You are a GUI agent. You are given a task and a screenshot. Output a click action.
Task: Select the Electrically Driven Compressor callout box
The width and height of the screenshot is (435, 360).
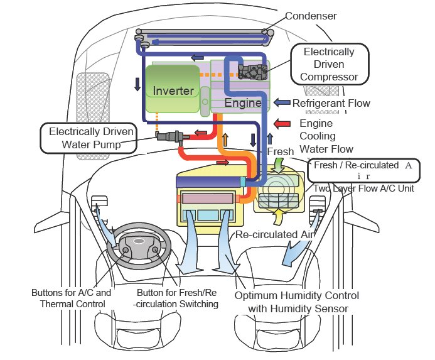click(x=329, y=64)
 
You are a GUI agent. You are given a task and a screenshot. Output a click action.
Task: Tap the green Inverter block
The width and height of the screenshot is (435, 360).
click(x=173, y=90)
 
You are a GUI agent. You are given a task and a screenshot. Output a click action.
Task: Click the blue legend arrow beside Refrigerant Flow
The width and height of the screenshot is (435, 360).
click(x=282, y=102)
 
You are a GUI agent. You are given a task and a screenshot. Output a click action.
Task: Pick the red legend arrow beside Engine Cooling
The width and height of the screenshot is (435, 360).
click(x=283, y=124)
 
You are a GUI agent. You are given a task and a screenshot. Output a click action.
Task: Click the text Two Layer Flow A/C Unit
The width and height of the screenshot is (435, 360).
click(x=363, y=188)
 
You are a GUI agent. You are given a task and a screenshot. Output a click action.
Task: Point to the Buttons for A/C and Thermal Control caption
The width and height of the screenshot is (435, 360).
click(x=71, y=298)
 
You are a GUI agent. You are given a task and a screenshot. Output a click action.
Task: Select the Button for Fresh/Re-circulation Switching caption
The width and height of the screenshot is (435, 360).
click(x=178, y=298)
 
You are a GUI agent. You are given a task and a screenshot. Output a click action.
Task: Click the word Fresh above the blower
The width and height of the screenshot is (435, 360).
click(x=281, y=152)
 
